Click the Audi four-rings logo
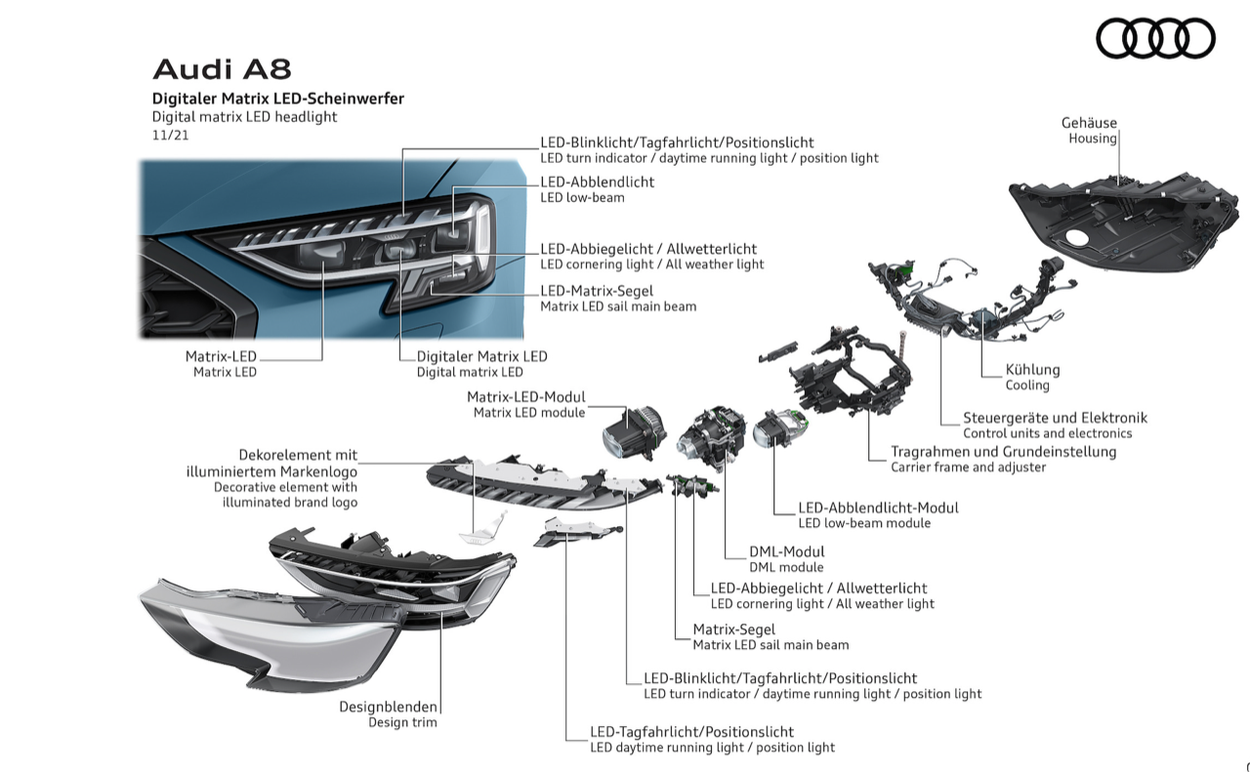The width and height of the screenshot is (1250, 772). coord(1155,39)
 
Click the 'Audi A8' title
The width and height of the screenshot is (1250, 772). coord(222,69)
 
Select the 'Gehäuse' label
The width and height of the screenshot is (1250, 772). coord(1089,123)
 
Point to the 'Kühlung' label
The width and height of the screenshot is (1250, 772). coord(1032,370)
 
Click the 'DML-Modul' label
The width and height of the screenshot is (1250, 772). coord(786,551)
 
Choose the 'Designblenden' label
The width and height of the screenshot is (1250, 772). coord(388,707)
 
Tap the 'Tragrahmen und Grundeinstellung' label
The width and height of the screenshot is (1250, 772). coord(1003,452)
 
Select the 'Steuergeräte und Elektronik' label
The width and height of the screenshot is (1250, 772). coord(1055,418)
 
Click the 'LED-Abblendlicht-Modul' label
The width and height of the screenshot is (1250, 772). coord(878,508)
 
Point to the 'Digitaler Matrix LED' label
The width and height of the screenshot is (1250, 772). coord(481,356)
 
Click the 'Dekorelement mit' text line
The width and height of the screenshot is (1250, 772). coord(298,455)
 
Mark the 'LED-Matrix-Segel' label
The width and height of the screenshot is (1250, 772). coord(597,290)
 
